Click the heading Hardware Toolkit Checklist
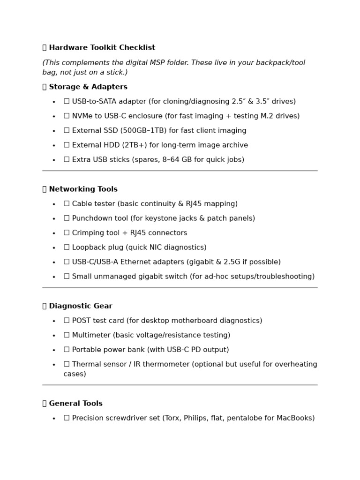(102, 48)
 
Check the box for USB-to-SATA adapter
(67, 101)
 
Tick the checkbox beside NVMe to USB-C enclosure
(67, 116)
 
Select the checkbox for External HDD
(67, 145)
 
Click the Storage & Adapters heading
(88, 87)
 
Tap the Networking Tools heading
(83, 189)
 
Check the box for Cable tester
(67, 204)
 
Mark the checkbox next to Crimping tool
(67, 233)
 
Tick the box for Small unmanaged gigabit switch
(67, 277)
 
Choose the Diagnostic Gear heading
(81, 306)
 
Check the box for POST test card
(67, 321)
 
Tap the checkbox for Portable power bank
(67, 350)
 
